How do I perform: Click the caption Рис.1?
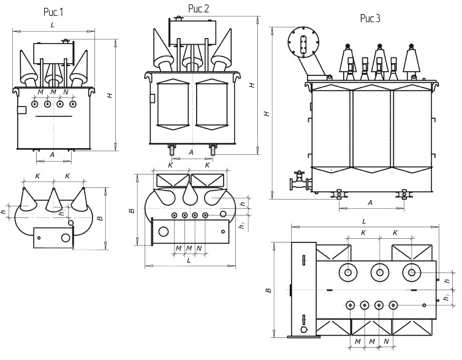(x=53, y=12)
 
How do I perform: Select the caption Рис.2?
(x=199, y=9)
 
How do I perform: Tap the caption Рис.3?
(x=370, y=18)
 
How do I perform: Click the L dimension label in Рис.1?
(x=53, y=24)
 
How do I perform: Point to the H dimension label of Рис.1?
(x=110, y=95)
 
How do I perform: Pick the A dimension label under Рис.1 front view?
(x=52, y=155)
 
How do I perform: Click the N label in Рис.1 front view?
(x=66, y=92)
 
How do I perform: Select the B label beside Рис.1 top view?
(x=100, y=219)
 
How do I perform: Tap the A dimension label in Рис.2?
(x=191, y=152)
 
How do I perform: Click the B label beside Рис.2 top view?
(x=132, y=211)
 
